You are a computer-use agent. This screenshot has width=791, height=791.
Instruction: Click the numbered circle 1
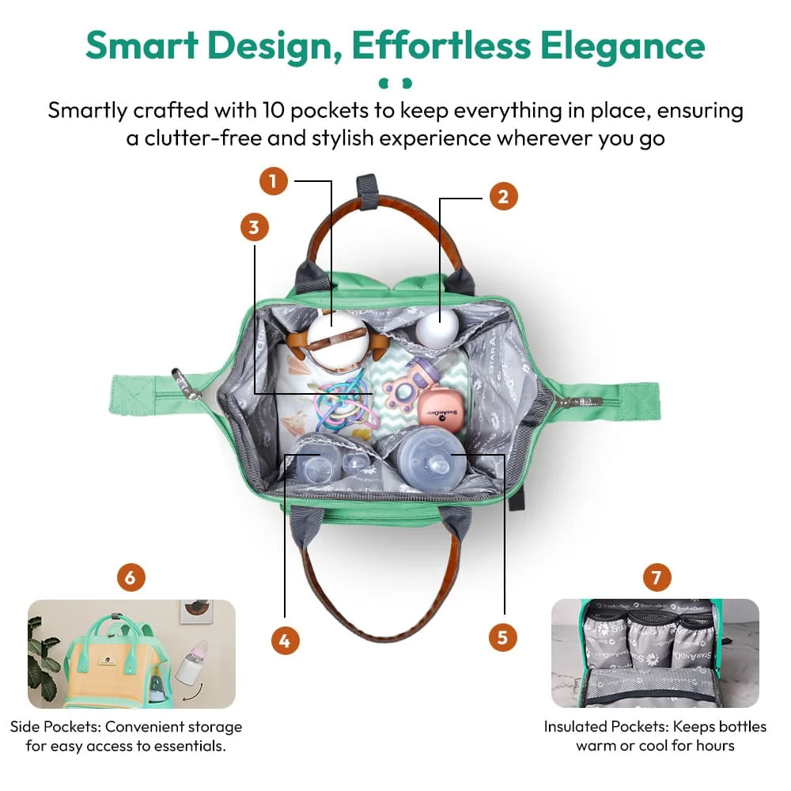point(273,182)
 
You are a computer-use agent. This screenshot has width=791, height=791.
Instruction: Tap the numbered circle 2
point(503,195)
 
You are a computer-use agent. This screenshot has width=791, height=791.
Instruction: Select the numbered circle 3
point(254,228)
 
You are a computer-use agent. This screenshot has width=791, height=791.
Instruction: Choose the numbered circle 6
point(131,577)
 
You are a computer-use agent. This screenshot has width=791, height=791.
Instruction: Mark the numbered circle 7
point(656,577)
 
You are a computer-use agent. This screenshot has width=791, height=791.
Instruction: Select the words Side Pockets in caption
point(55,726)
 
